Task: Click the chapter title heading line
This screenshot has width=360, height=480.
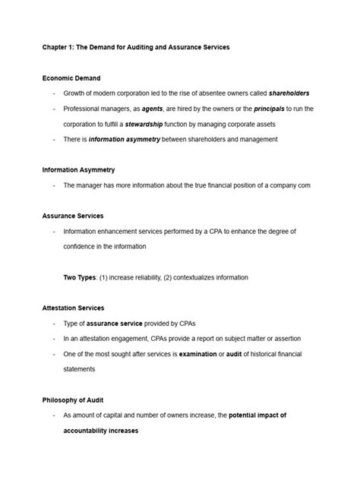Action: click(x=135, y=47)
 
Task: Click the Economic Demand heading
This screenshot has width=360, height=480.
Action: click(x=71, y=78)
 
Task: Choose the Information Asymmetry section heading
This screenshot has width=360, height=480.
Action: click(x=78, y=169)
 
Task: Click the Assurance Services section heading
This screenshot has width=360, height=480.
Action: click(x=73, y=216)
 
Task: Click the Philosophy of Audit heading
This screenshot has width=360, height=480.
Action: click(x=74, y=399)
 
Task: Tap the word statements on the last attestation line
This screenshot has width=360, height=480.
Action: click(x=80, y=368)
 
